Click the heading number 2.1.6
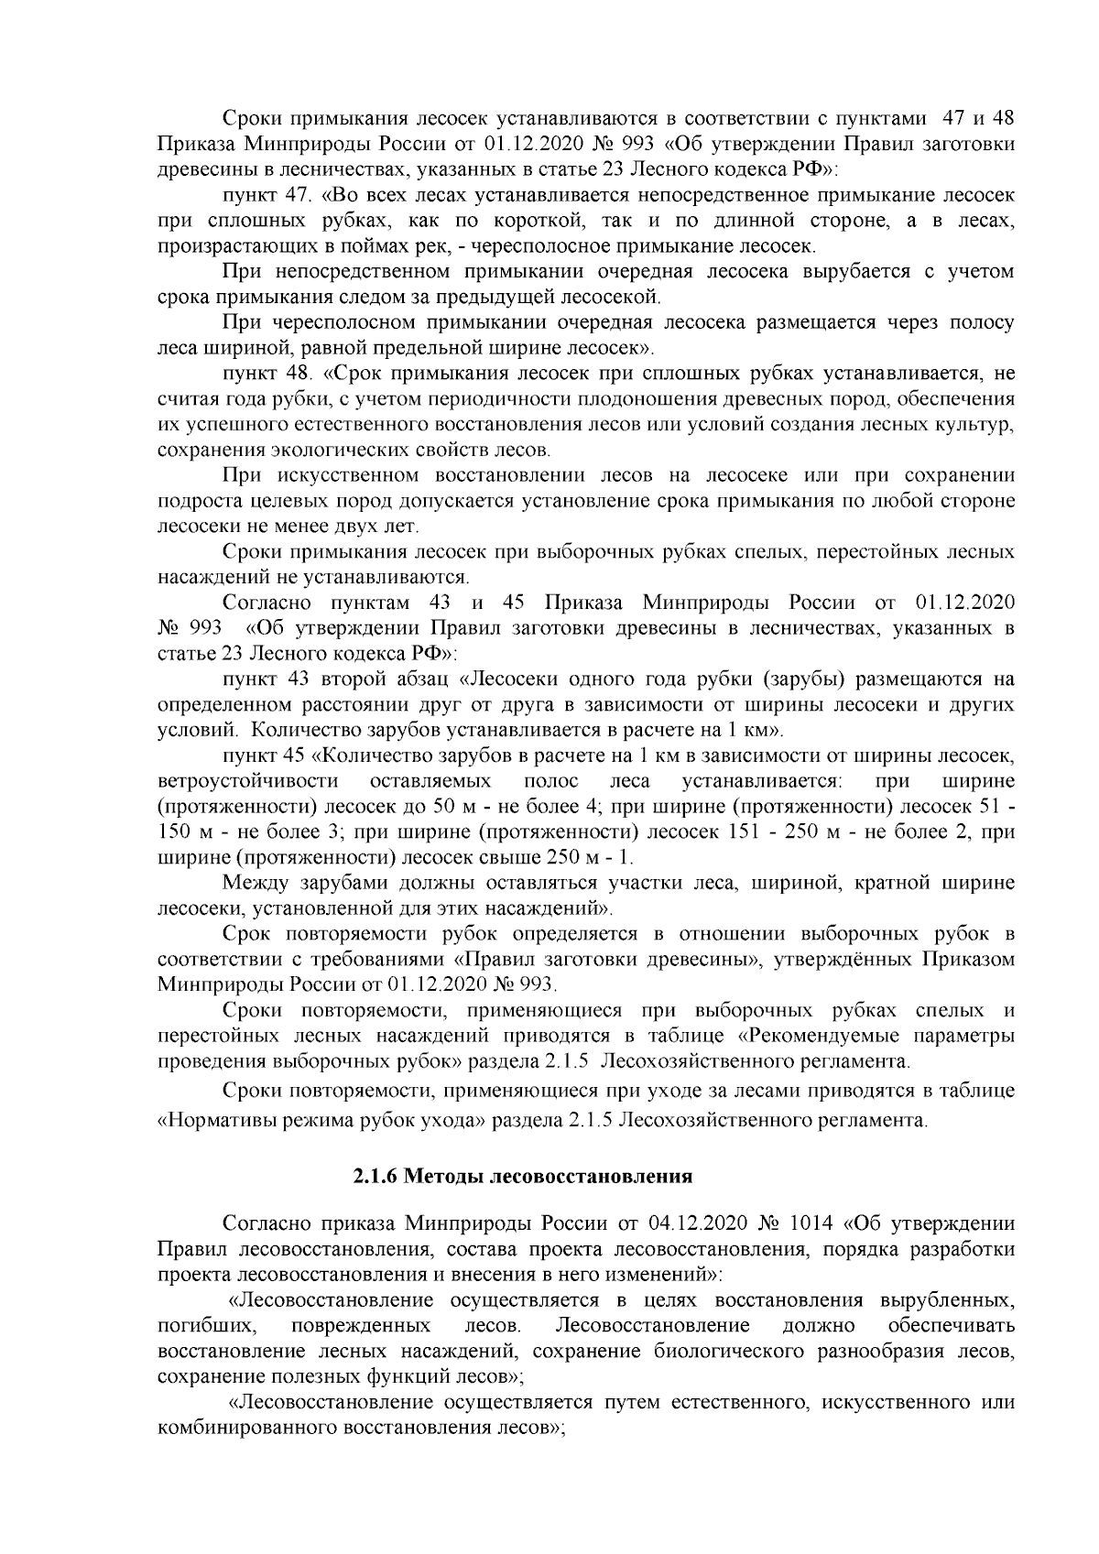tap(375, 1175)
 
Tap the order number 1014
tap(808, 1224)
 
